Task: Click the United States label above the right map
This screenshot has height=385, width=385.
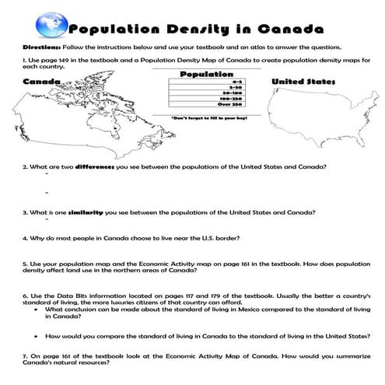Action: click(303, 82)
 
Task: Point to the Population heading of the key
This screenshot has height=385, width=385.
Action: click(201, 74)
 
